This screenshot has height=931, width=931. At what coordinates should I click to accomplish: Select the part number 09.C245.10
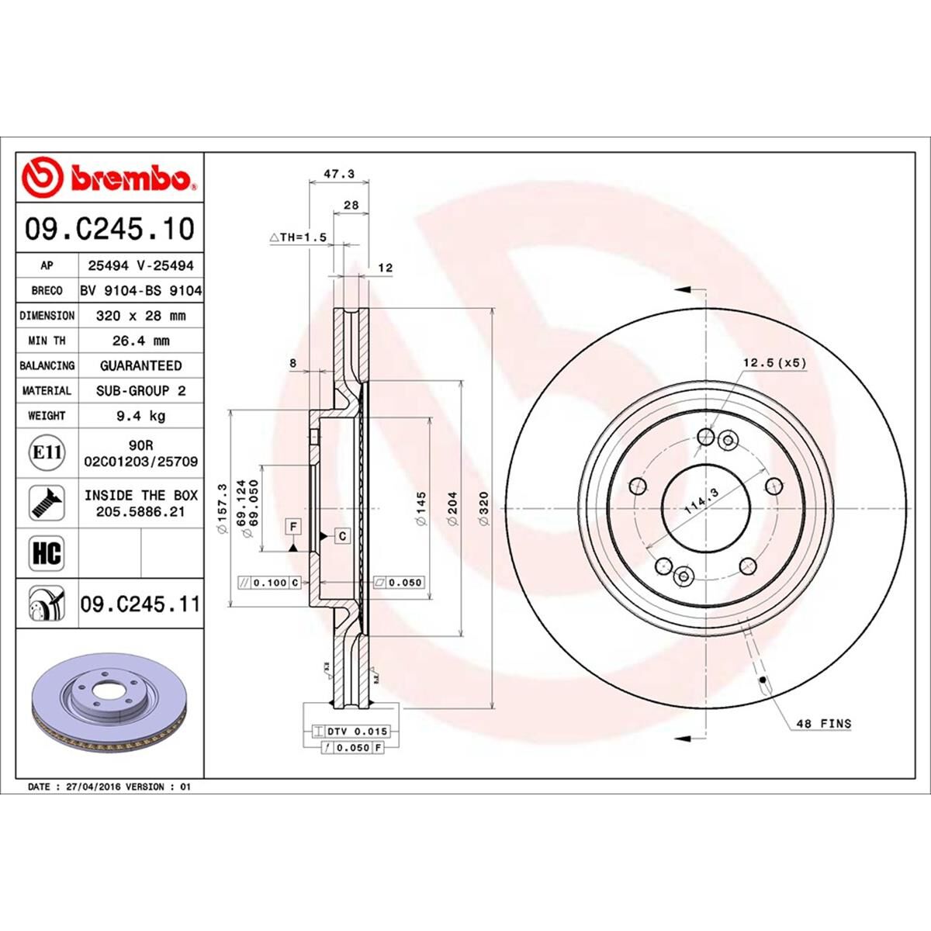click(x=109, y=230)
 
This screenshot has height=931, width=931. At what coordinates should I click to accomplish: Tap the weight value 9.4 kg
click(x=140, y=416)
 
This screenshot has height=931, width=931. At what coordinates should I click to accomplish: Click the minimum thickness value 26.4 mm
click(x=140, y=341)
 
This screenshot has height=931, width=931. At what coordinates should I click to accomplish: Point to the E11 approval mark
click(x=46, y=452)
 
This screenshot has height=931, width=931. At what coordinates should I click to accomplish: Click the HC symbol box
click(x=46, y=554)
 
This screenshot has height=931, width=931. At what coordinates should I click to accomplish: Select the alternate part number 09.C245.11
click(x=140, y=604)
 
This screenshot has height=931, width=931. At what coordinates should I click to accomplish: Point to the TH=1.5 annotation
click(x=299, y=237)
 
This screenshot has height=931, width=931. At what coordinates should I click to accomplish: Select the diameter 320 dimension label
click(x=483, y=509)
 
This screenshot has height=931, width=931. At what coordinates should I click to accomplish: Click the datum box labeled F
click(x=293, y=527)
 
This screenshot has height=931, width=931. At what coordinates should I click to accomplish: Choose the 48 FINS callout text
click(x=823, y=724)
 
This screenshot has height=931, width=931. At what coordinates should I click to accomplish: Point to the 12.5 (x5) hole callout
click(x=775, y=362)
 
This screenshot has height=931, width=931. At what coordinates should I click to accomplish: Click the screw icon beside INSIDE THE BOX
click(x=46, y=503)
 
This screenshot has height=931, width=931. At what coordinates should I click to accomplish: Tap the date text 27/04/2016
click(x=89, y=787)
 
